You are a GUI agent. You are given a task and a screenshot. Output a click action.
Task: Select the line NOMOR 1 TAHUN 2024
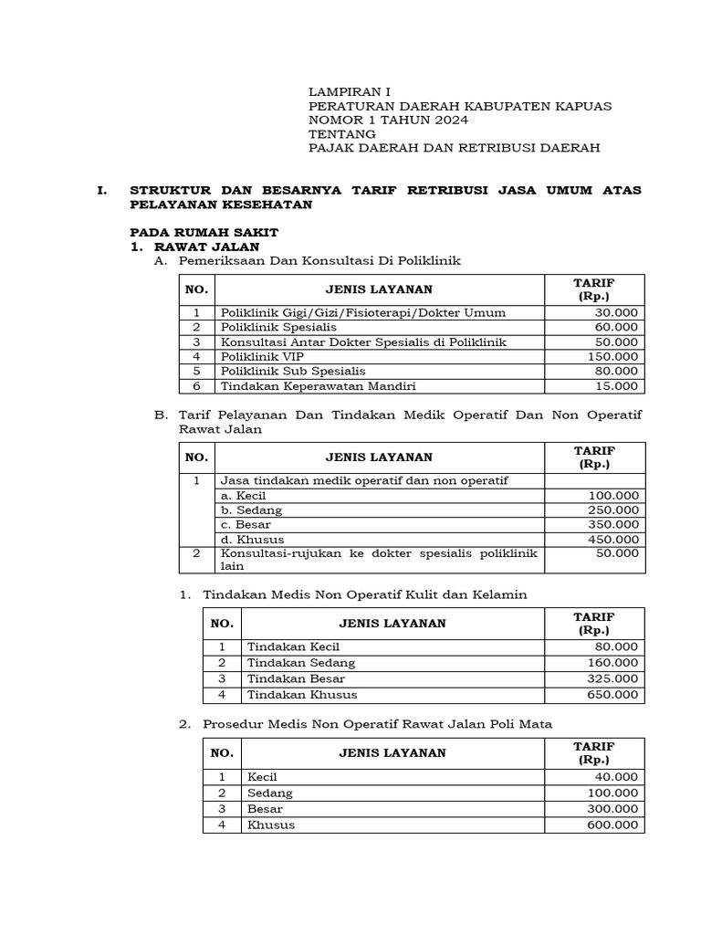(389, 120)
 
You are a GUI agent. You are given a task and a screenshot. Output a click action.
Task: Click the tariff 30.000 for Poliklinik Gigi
(615, 312)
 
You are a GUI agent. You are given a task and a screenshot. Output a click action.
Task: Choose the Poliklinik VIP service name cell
(262, 356)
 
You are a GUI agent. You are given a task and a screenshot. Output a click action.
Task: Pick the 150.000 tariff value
(612, 356)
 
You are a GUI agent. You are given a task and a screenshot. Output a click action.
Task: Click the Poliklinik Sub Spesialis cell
(292, 371)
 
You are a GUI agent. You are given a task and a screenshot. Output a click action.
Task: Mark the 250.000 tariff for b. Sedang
(612, 510)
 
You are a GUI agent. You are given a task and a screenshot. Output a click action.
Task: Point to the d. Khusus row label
(253, 540)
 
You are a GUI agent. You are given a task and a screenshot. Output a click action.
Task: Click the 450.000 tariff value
(612, 540)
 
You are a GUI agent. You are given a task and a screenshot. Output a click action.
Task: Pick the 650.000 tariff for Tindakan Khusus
(612, 695)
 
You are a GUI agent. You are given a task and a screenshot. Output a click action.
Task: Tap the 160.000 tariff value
(612, 663)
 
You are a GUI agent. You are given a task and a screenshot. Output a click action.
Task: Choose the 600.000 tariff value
(612, 825)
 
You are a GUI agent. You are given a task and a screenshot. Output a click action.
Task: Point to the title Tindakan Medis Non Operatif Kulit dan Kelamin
(365, 594)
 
